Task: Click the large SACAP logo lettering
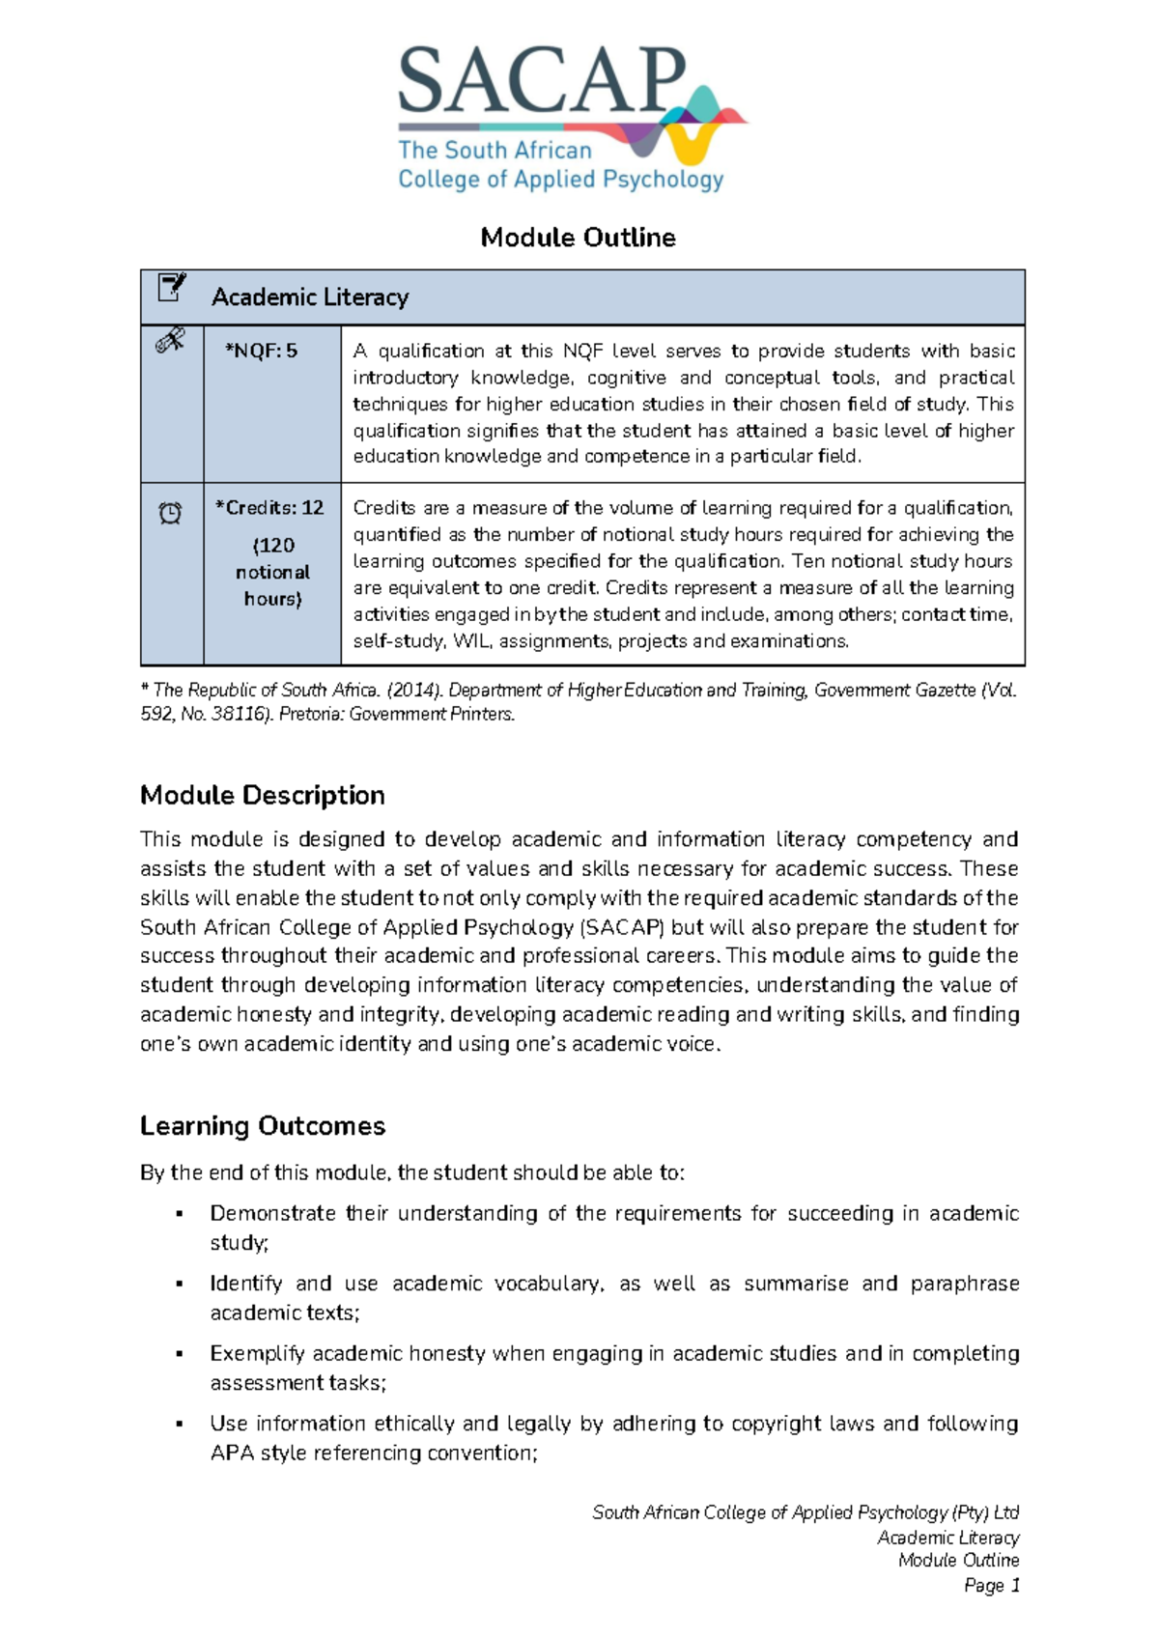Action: (x=541, y=82)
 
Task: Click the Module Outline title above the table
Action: (x=578, y=238)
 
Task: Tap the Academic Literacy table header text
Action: (x=310, y=297)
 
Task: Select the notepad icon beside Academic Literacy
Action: (x=171, y=287)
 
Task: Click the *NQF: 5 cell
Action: (x=261, y=351)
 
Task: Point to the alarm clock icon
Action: (x=170, y=513)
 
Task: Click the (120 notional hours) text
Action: (x=272, y=572)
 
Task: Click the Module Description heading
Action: (x=262, y=795)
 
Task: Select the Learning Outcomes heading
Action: (x=262, y=1126)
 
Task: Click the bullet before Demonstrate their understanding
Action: (x=179, y=1214)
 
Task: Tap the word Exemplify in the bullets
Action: (x=256, y=1354)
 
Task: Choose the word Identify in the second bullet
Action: (x=245, y=1284)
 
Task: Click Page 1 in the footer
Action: (x=991, y=1586)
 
